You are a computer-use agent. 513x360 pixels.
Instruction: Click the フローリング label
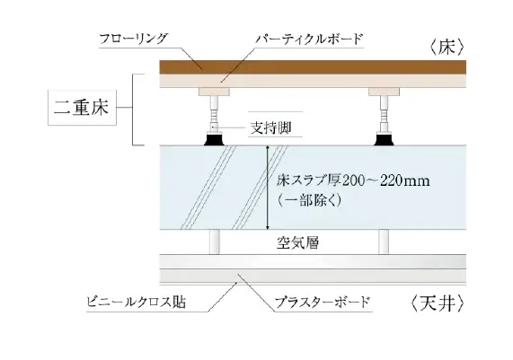pyautogui.click(x=133, y=39)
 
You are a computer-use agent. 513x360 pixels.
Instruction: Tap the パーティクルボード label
pyautogui.click(x=309, y=39)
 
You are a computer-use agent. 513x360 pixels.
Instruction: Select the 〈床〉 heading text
pyautogui.click(x=447, y=48)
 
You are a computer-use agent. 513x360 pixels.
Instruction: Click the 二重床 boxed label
pyautogui.click(x=82, y=107)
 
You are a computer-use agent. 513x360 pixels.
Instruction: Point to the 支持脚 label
pyautogui.click(x=270, y=127)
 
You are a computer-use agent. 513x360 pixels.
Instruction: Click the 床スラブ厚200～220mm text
pyautogui.click(x=353, y=180)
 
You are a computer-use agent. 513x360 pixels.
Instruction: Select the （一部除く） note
pyautogui.click(x=309, y=200)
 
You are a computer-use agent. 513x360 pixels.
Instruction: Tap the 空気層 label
pyautogui.click(x=297, y=243)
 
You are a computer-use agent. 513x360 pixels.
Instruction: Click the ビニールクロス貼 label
pyautogui.click(x=136, y=303)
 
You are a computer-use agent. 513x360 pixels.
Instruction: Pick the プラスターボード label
pyautogui.click(x=322, y=303)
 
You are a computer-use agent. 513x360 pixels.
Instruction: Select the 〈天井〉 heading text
pyautogui.click(x=438, y=303)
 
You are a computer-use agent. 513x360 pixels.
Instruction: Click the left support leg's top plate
pyautogui.click(x=215, y=92)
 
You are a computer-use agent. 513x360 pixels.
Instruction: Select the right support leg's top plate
pyautogui.click(x=385, y=92)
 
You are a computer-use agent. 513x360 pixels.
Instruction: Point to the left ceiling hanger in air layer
pyautogui.click(x=215, y=241)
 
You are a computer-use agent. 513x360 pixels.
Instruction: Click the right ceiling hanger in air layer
pyautogui.click(x=384, y=241)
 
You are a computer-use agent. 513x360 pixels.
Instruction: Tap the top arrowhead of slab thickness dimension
pyautogui.click(x=268, y=148)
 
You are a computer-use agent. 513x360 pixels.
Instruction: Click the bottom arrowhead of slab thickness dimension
pyautogui.click(x=268, y=227)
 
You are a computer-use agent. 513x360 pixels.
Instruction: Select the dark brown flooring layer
pyautogui.click(x=313, y=67)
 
